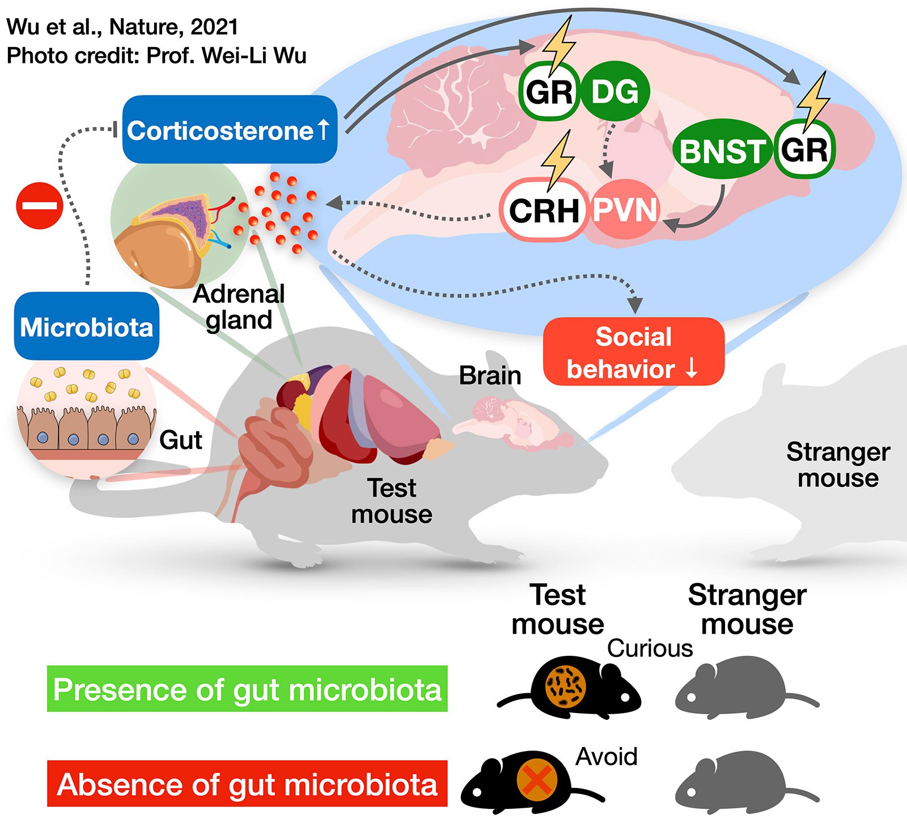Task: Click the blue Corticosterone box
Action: click(x=230, y=130)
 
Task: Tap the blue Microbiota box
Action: click(x=87, y=326)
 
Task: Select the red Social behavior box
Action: click(x=633, y=352)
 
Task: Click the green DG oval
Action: click(x=615, y=91)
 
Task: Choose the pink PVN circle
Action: click(x=625, y=210)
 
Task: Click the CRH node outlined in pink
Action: click(x=544, y=210)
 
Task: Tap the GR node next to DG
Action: click(x=549, y=91)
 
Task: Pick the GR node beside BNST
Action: click(x=804, y=150)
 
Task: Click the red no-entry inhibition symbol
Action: click(x=39, y=206)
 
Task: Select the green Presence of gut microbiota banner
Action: click(x=247, y=689)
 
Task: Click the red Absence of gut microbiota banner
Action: click(x=247, y=784)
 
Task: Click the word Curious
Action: click(x=650, y=648)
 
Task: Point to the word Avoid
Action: click(x=607, y=756)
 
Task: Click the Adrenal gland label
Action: click(x=239, y=307)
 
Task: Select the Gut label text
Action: click(x=180, y=440)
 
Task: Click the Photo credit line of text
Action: click(x=156, y=56)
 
